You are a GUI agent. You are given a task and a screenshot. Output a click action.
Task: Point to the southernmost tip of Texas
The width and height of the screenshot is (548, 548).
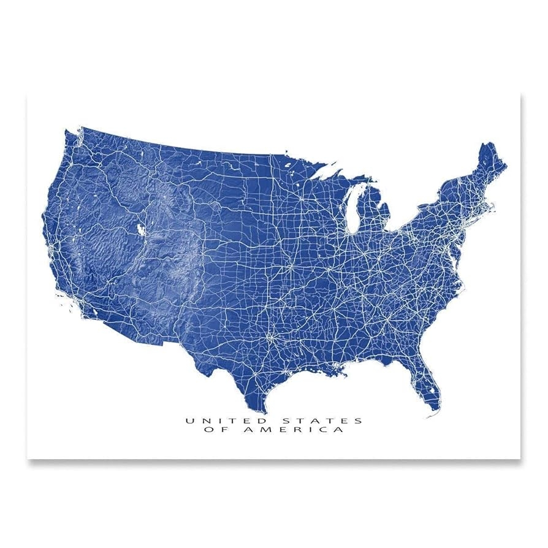[x=262, y=412]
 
